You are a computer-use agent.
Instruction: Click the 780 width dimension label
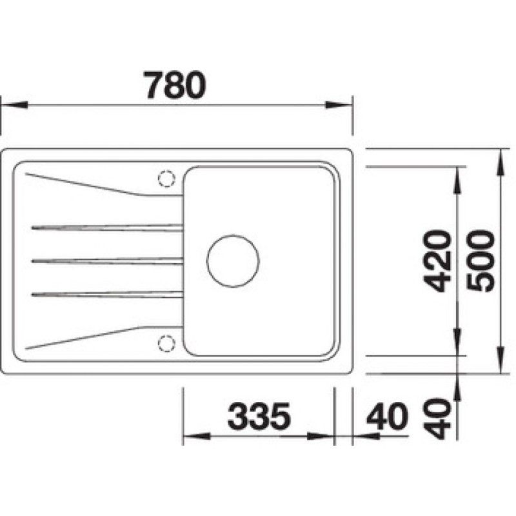(175, 85)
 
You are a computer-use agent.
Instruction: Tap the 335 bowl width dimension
(259, 416)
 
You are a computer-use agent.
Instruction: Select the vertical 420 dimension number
(438, 261)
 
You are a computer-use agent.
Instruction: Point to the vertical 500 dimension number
(481, 261)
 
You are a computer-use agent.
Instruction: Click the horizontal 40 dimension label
(387, 416)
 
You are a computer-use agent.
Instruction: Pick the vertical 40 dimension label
(438, 418)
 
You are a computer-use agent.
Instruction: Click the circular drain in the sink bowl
(233, 261)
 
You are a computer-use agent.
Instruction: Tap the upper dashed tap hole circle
(166, 179)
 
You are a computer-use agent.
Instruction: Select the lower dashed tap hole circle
(166, 344)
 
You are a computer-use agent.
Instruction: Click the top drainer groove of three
(107, 228)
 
